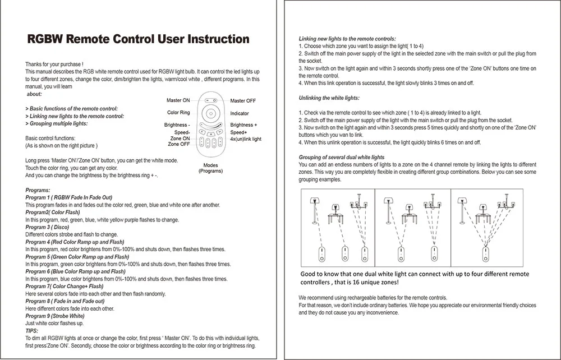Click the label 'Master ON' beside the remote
(x=178, y=100)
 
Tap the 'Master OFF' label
(x=243, y=101)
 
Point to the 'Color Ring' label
(x=178, y=113)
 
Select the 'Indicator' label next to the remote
(x=240, y=113)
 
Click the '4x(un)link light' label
(x=246, y=139)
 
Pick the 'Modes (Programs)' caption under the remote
(x=210, y=168)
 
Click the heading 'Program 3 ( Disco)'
(x=48, y=227)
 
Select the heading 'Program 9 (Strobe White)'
(x=55, y=316)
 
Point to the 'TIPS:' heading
(x=32, y=331)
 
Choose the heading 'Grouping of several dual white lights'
(x=342, y=158)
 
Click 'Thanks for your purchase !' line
(x=54, y=64)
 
